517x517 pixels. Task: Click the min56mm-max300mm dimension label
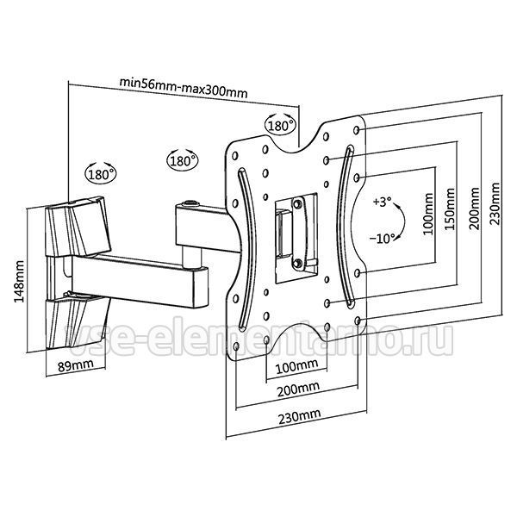[184, 87]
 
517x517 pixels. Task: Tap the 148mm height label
[19, 281]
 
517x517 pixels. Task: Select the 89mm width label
[76, 365]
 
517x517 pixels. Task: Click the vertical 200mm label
[475, 209]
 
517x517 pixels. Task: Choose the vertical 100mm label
[428, 214]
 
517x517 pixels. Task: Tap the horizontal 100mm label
[296, 366]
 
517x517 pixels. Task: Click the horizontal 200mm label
[298, 389]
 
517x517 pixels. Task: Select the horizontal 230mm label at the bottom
[299, 417]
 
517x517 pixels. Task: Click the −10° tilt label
[382, 238]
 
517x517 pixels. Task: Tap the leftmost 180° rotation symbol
[101, 172]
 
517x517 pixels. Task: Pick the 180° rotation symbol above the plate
[280, 124]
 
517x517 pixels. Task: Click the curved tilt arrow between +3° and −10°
[404, 221]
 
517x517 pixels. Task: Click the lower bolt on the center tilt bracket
[297, 263]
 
